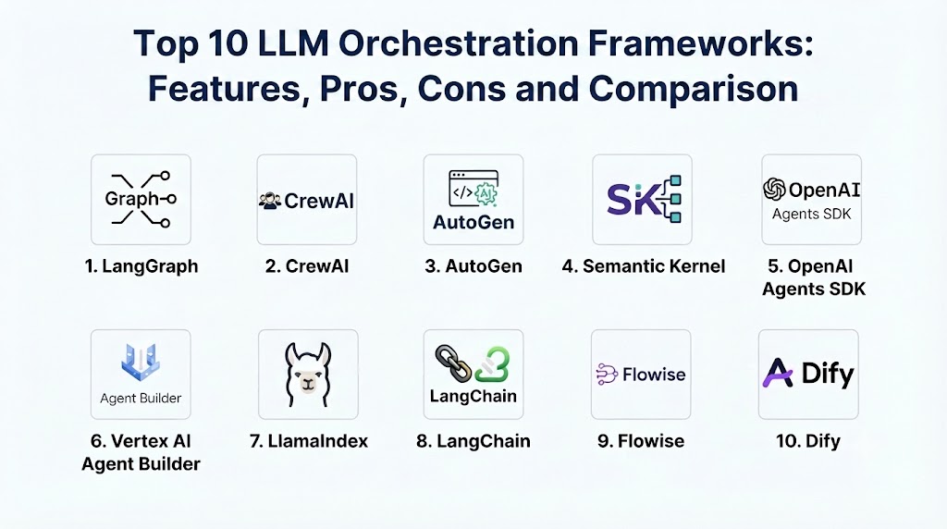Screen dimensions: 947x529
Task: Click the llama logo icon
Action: (x=308, y=375)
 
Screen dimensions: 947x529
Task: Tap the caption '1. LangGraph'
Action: (x=141, y=266)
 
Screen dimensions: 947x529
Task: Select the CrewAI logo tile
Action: (x=307, y=199)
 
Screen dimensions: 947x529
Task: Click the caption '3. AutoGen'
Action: (x=473, y=266)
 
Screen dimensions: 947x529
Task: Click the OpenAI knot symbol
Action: (x=774, y=189)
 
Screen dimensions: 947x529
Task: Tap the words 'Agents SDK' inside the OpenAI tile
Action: (x=812, y=214)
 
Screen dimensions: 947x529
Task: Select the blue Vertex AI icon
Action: (x=141, y=362)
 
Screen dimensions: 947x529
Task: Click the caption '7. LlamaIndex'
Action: (x=309, y=441)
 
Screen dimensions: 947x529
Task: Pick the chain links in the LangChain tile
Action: (x=453, y=363)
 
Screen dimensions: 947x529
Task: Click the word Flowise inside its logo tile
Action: (x=654, y=375)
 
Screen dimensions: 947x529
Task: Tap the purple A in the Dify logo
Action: (x=778, y=373)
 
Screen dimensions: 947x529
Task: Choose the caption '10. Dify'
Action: (x=808, y=441)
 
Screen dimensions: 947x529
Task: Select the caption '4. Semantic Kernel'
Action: (x=644, y=266)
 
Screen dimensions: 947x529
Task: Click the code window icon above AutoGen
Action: (x=473, y=189)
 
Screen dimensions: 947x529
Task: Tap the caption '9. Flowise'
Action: (x=641, y=441)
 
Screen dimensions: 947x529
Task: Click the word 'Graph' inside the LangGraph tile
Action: (x=131, y=199)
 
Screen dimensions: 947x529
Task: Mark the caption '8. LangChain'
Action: (x=473, y=441)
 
